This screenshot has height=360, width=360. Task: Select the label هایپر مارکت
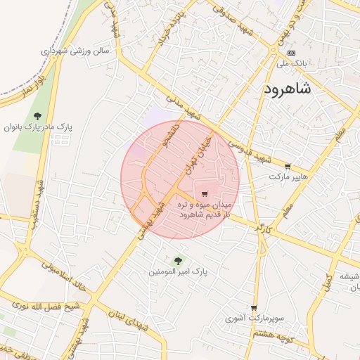click(288, 176)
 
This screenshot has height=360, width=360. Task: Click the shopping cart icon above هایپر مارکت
click(288, 167)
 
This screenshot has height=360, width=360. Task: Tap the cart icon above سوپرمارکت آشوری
click(254, 308)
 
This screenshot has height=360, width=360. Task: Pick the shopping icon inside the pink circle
click(205, 194)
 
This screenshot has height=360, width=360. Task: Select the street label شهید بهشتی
click(149, 223)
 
